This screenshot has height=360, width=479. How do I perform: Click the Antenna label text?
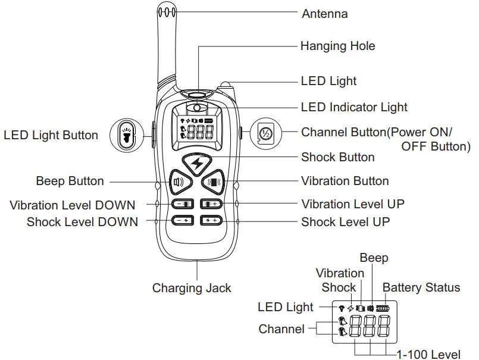(325, 13)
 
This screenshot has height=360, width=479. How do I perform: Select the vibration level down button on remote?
(183, 204)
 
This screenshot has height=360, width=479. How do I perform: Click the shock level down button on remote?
(183, 221)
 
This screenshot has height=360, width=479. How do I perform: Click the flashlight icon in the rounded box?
(127, 135)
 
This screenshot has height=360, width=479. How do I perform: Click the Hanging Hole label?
(337, 46)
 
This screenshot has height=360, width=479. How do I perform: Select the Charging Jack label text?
(192, 289)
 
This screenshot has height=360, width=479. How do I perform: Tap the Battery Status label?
(421, 288)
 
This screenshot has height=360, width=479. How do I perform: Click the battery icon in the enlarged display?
(381, 308)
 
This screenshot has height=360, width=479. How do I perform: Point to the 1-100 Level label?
(428, 355)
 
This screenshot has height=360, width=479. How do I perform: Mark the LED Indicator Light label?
(354, 108)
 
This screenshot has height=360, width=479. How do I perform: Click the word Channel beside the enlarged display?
(281, 329)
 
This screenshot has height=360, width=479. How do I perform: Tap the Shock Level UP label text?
(346, 222)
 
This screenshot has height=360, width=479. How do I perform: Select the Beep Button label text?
(70, 181)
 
